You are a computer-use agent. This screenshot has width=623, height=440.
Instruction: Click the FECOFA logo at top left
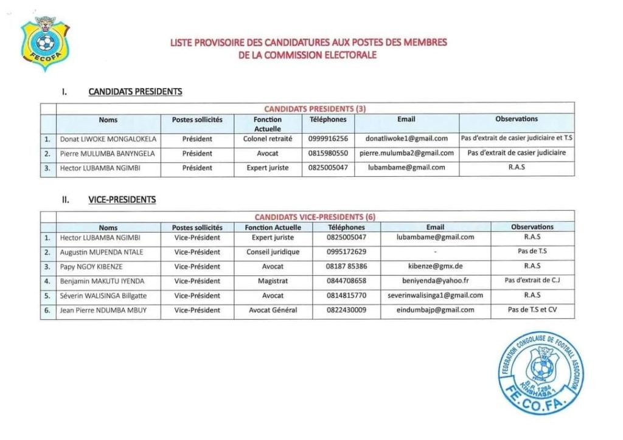coord(45,43)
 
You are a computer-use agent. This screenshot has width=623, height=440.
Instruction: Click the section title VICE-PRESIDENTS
coord(122,199)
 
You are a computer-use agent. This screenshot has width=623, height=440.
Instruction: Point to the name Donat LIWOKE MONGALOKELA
coord(108,139)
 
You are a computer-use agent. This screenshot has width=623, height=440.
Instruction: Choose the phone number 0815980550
coord(328,153)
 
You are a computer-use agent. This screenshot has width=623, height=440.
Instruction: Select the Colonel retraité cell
coord(268,139)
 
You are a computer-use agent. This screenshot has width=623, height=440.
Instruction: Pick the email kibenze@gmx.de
coord(435,266)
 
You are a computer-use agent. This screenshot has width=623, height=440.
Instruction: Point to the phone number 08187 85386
coord(347,266)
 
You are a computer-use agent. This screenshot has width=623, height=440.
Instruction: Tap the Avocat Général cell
coord(273,310)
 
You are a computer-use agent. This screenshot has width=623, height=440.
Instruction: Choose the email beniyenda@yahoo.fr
coord(435,281)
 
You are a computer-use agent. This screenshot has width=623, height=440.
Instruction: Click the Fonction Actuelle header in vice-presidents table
coord(273,227)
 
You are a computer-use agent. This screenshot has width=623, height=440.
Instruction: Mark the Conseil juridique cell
coord(273,252)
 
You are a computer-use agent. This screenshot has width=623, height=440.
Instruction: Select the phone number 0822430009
coord(347,310)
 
